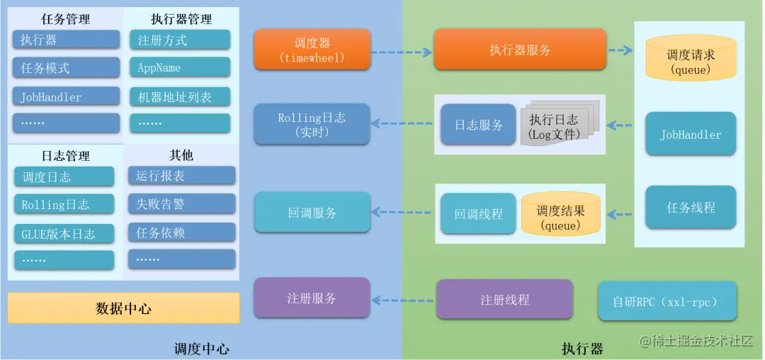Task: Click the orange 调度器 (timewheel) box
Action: [312, 50]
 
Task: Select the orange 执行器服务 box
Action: [520, 50]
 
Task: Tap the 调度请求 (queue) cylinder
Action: [690, 62]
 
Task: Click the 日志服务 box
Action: [478, 125]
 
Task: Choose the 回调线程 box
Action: [478, 213]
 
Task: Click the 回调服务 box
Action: [312, 212]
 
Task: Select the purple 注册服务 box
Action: [312, 298]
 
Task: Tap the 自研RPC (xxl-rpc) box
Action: [667, 301]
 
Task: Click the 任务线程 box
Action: [691, 207]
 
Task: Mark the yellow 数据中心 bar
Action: [123, 308]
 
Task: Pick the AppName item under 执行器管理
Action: [180, 68]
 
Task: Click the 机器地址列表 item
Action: [180, 97]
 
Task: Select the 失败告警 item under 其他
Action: [181, 204]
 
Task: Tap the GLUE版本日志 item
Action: [64, 234]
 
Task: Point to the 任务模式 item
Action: [66, 68]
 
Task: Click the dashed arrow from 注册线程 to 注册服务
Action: [402, 300]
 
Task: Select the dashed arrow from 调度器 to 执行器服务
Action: [402, 52]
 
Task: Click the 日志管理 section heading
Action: [66, 155]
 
